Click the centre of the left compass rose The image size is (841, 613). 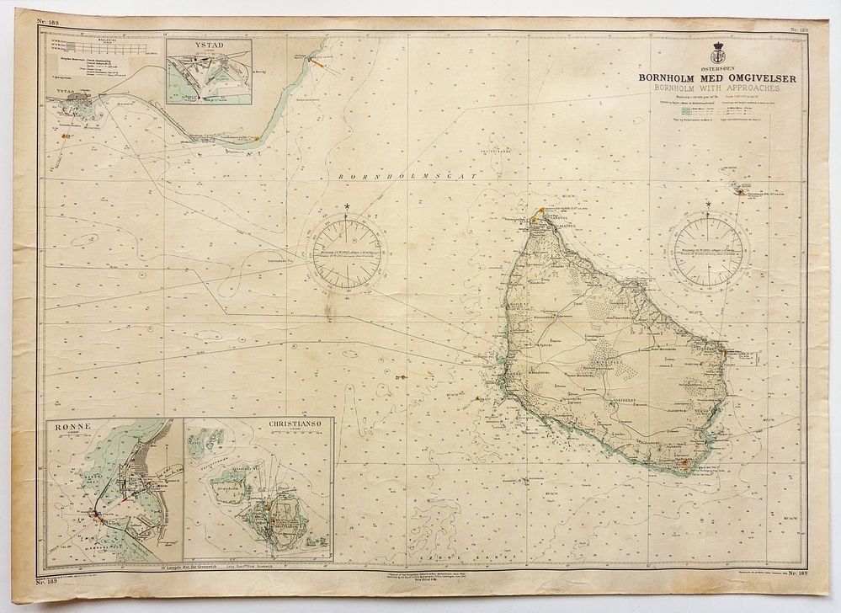pyautogui.click(x=347, y=252)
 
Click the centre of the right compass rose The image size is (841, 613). pyautogui.click(x=708, y=250)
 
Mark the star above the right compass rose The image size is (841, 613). pyautogui.click(x=708, y=205)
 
